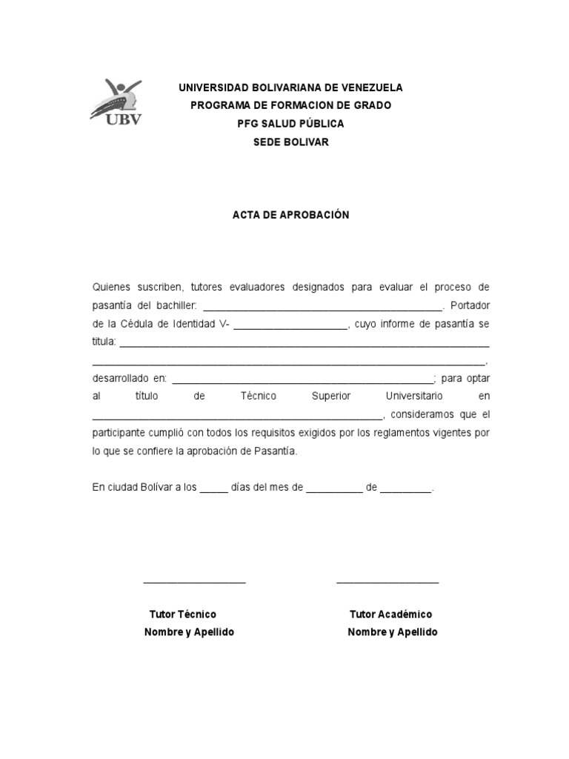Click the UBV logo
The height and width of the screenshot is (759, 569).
[x=116, y=102]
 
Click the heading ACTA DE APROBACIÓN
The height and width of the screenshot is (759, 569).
[x=290, y=215]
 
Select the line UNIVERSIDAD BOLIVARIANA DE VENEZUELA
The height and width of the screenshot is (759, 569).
[x=290, y=87]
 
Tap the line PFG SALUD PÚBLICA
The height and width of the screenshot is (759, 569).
[x=290, y=124]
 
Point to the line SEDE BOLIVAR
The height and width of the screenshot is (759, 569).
[x=290, y=142]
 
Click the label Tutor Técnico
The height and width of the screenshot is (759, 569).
[x=183, y=614]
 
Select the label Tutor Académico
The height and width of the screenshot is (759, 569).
[x=390, y=614]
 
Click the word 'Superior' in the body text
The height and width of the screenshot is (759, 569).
[x=331, y=397]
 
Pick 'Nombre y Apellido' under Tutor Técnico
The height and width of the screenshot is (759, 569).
[x=189, y=632]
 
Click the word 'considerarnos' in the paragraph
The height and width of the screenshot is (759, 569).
[x=427, y=414]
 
